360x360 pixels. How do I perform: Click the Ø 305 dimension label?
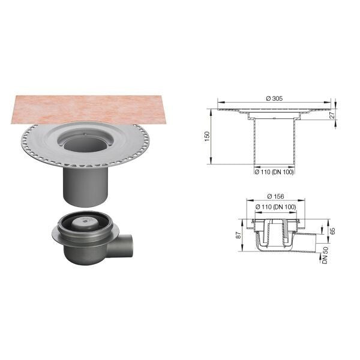click(x=274, y=98)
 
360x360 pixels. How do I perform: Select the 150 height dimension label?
click(x=207, y=136)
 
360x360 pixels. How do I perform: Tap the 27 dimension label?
click(x=332, y=115)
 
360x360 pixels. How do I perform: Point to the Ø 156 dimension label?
click(x=275, y=196)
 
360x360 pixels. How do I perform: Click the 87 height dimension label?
click(x=239, y=235)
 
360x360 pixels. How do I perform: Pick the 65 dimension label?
click(x=332, y=231)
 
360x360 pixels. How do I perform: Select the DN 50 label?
click(x=325, y=255)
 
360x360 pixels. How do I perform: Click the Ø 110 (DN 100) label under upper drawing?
click(x=274, y=172)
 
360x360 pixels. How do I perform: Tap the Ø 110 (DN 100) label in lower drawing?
click(x=276, y=207)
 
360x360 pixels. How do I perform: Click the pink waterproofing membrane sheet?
click(x=92, y=110)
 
